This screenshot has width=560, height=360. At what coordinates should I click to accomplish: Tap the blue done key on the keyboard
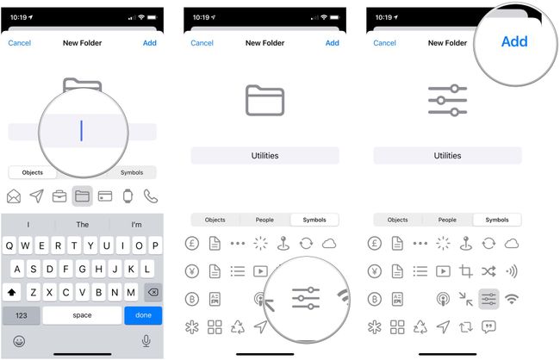click(143, 315)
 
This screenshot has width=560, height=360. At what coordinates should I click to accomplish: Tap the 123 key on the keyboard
click(22, 315)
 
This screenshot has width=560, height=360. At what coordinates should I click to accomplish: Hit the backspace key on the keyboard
click(152, 291)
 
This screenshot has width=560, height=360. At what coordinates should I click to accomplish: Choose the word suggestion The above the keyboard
click(83, 225)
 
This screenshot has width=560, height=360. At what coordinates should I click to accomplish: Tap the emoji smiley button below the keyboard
click(19, 341)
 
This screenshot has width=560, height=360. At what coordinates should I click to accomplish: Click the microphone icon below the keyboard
click(146, 341)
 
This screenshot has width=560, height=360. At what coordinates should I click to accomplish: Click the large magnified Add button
click(514, 41)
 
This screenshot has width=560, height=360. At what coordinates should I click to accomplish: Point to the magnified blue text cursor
click(82, 131)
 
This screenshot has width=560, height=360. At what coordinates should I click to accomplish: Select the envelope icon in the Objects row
click(14, 196)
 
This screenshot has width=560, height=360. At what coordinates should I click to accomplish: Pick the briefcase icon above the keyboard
click(59, 196)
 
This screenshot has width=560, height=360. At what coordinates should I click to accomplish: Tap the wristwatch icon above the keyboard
click(128, 196)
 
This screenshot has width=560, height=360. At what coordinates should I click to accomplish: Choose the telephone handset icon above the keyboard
click(151, 196)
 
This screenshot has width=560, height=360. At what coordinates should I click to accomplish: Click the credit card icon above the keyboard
click(105, 196)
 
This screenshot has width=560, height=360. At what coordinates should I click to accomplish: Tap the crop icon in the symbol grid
click(466, 271)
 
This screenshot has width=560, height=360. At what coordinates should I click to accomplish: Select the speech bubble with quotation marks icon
click(488, 326)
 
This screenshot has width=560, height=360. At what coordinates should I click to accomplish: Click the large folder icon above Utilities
click(264, 100)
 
